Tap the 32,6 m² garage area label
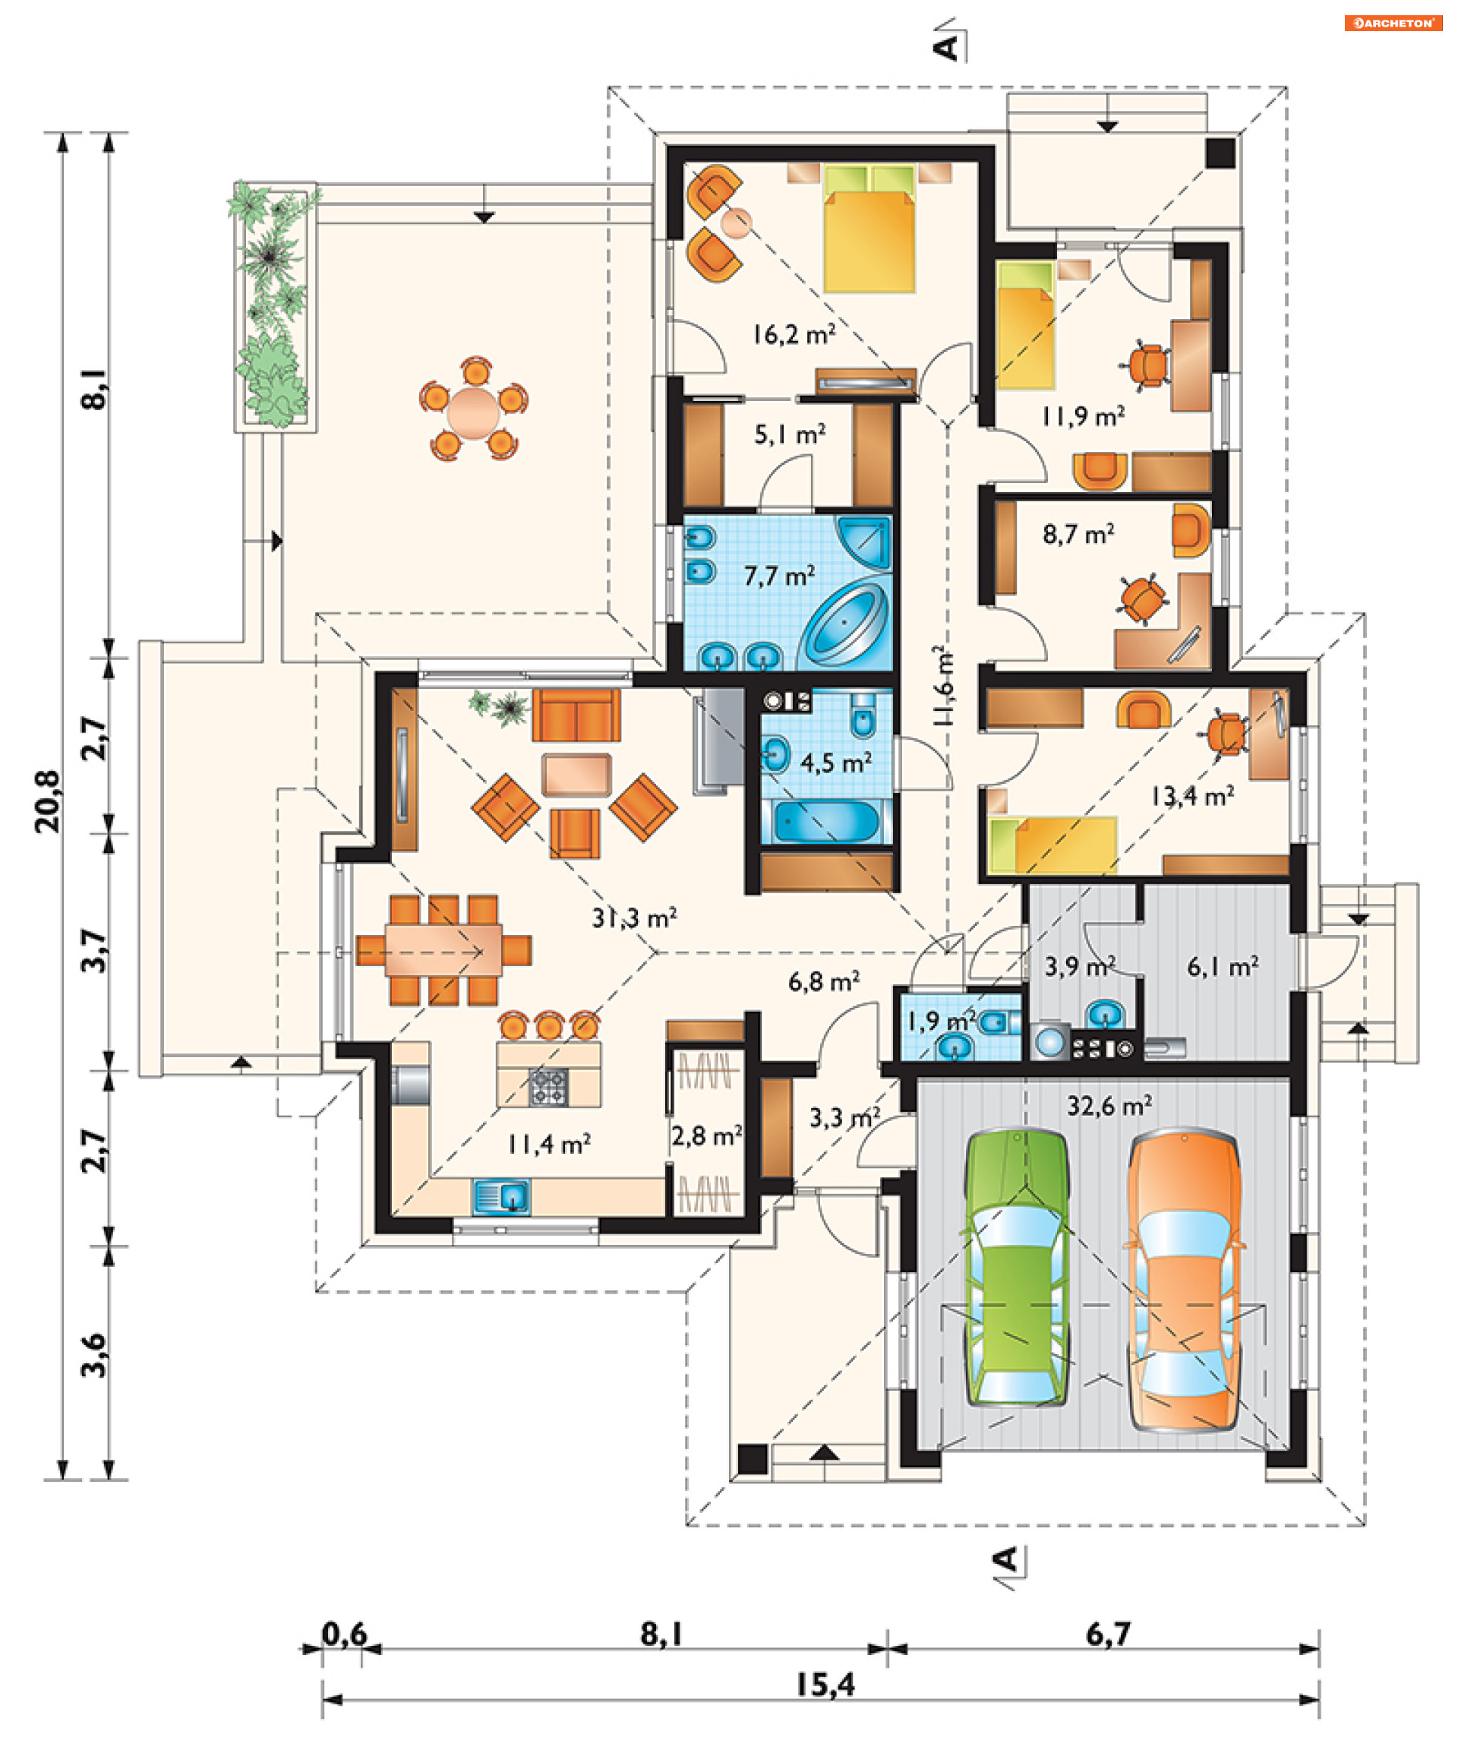tap(1109, 1105)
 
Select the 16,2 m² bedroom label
tap(793, 334)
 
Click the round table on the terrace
tap(474, 409)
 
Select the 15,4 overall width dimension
tap(825, 1685)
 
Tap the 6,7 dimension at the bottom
tap(1107, 1634)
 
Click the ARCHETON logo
tap(1393, 23)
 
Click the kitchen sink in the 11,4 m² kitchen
tap(501, 1197)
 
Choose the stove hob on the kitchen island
tap(548, 1086)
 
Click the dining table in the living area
tap(443, 949)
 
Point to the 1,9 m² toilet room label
tap(941, 1022)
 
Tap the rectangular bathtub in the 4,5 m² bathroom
tap(828, 821)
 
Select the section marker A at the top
tap(948, 46)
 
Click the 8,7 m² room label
tap(1078, 535)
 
